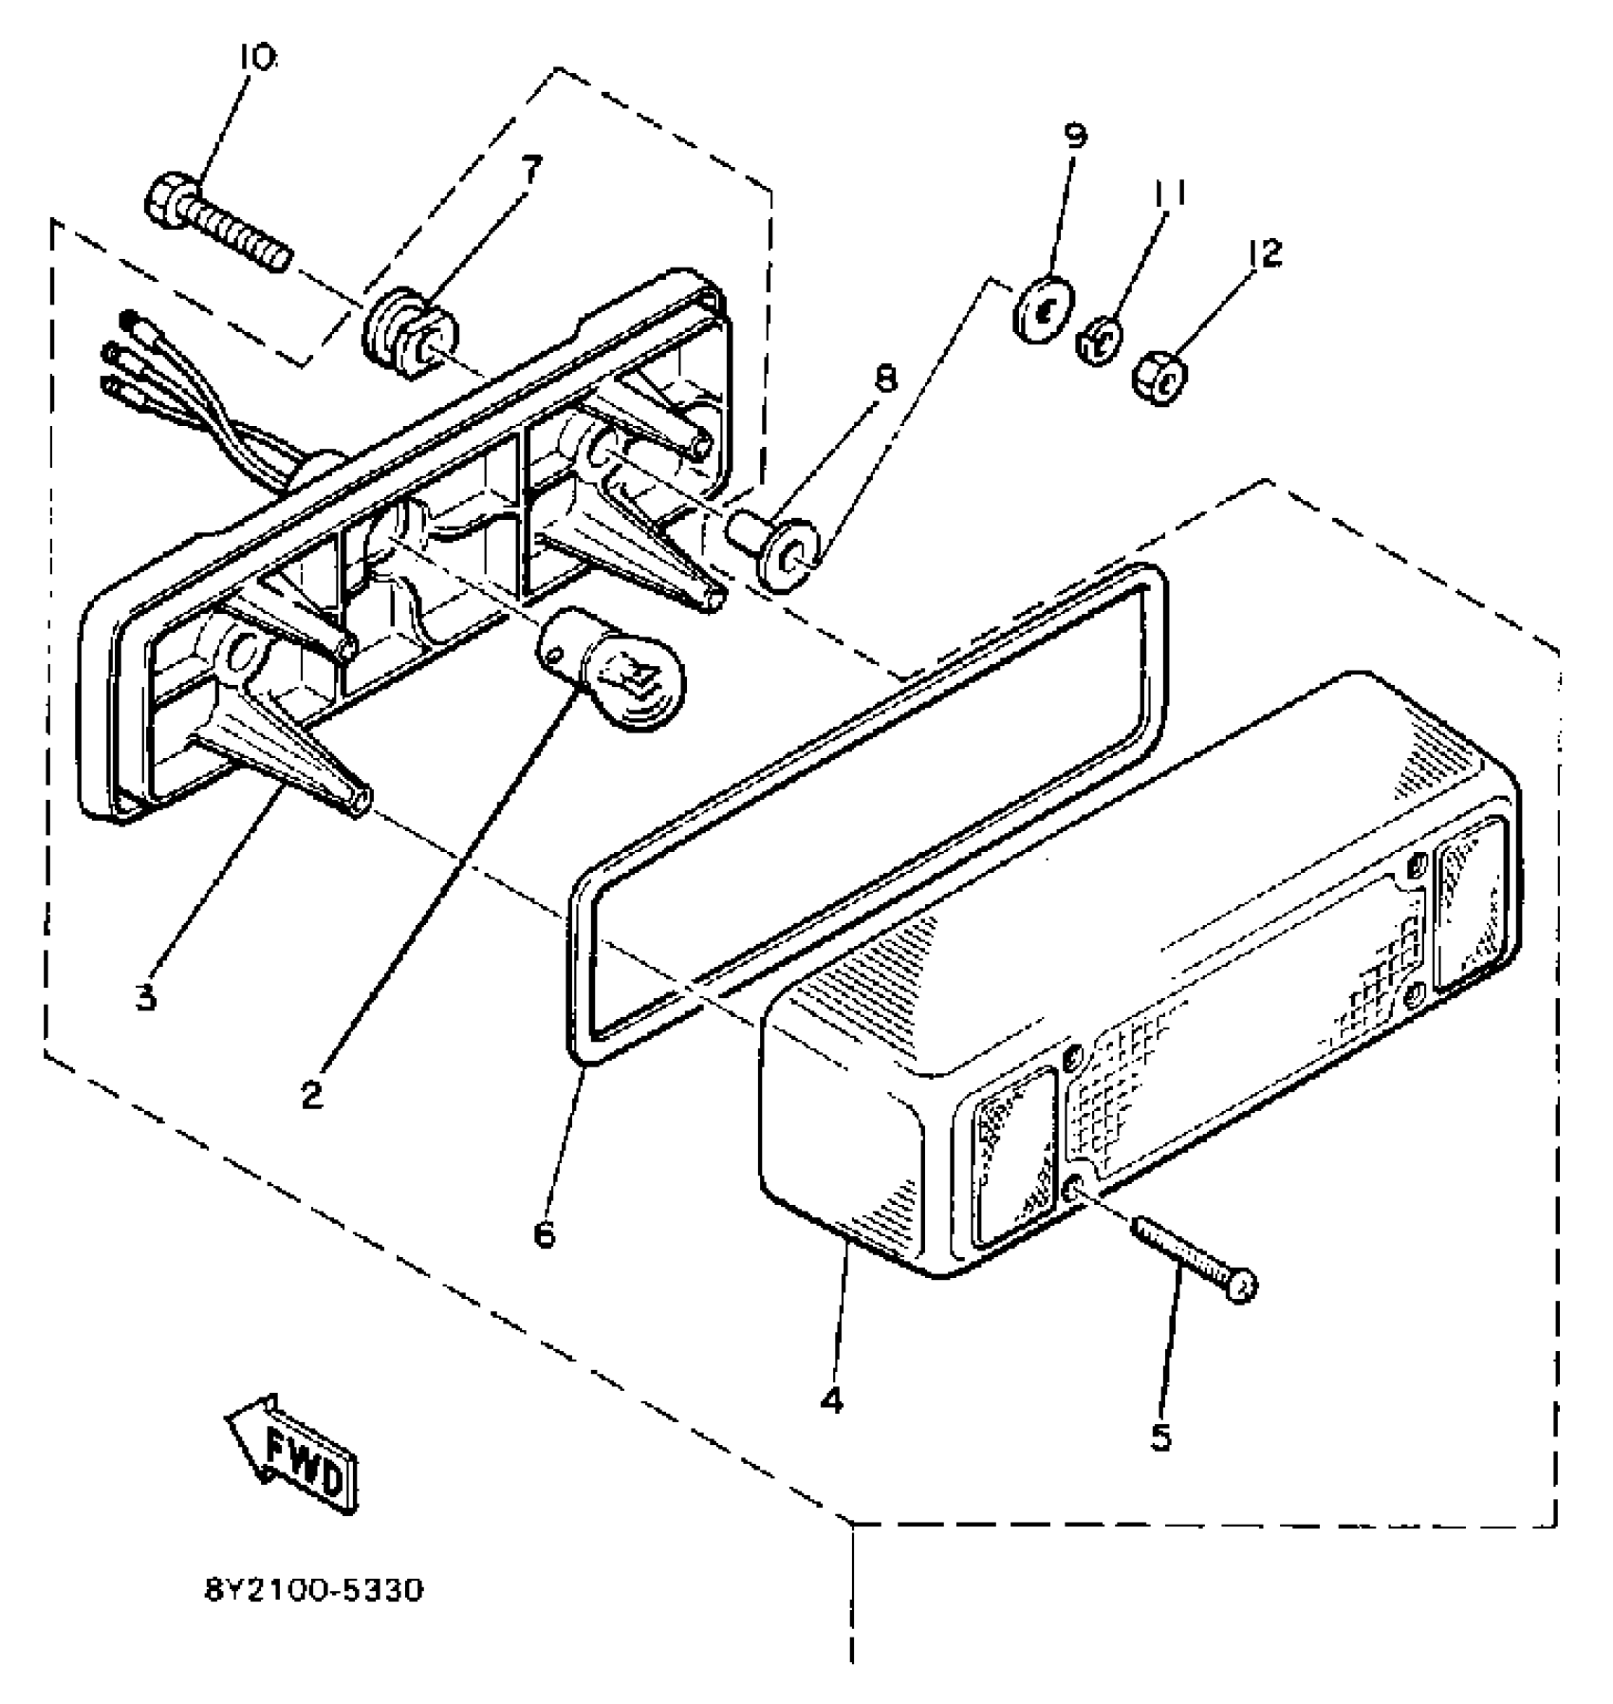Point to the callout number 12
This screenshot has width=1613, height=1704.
[x=1265, y=252]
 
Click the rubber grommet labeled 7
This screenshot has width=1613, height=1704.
[x=412, y=337]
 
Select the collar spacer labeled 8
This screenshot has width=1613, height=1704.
[x=777, y=549]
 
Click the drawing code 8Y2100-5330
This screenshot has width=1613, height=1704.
[x=313, y=1590]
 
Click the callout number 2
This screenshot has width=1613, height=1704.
[x=312, y=1096]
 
